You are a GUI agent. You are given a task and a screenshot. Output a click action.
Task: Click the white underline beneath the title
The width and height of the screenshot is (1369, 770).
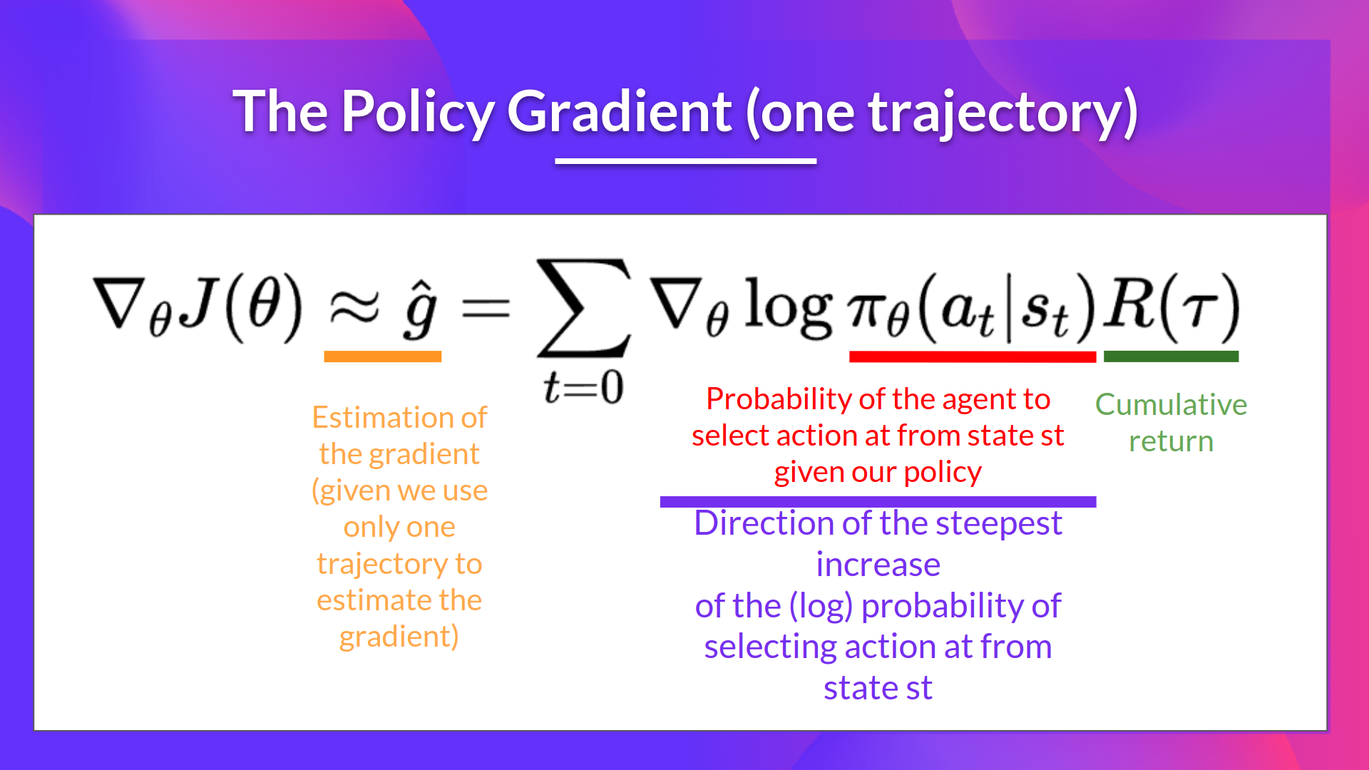[685, 161]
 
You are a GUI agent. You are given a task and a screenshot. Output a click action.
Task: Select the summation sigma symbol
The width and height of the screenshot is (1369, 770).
[584, 308]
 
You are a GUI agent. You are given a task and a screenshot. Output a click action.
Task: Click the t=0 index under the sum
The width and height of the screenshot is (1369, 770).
[583, 388]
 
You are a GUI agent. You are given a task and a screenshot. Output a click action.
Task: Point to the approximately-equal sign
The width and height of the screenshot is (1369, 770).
[354, 308]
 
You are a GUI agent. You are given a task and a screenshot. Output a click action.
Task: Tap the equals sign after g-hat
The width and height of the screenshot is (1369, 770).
[486, 309]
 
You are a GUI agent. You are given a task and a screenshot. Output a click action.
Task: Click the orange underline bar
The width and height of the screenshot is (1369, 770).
[382, 356]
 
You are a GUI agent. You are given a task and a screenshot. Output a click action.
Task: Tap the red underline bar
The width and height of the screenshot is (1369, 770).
[972, 356]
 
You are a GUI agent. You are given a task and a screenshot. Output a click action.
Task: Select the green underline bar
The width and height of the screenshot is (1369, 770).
[1171, 356]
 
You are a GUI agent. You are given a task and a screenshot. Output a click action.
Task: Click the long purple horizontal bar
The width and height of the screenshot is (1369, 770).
[878, 502]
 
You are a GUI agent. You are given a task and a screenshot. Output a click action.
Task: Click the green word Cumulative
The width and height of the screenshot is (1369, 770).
[1171, 404]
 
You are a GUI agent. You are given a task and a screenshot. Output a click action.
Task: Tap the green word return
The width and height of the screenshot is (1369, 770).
[1171, 441]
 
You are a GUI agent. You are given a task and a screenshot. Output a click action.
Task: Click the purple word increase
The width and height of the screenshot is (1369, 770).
[878, 565]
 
